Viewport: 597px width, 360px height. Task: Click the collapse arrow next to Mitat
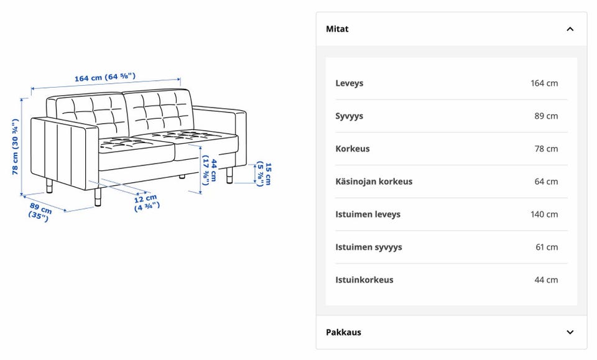(x=570, y=29)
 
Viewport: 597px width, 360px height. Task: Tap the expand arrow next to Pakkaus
(x=570, y=332)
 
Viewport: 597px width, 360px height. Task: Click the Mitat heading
(x=337, y=29)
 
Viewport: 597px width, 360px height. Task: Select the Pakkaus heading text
(x=343, y=332)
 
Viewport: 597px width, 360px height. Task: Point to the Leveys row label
(x=349, y=83)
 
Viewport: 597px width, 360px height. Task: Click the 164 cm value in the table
(x=544, y=83)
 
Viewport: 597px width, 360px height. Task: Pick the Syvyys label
(x=349, y=116)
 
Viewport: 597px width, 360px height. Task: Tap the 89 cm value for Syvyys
(x=546, y=116)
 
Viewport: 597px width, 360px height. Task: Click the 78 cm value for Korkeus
(x=546, y=149)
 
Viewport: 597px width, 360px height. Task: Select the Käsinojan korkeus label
(x=374, y=182)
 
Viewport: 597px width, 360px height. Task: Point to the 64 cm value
(x=546, y=182)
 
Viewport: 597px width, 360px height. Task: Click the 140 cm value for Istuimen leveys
(x=544, y=215)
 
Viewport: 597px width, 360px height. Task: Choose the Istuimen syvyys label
(x=369, y=247)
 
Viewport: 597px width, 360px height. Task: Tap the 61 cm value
(x=547, y=247)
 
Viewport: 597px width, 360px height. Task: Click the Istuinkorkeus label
(x=364, y=280)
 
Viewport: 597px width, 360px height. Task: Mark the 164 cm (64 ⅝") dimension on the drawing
(x=104, y=77)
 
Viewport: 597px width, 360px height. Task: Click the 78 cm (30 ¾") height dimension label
(x=15, y=147)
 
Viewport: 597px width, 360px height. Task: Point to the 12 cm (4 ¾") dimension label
(x=147, y=203)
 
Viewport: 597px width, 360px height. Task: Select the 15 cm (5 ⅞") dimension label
(x=264, y=174)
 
